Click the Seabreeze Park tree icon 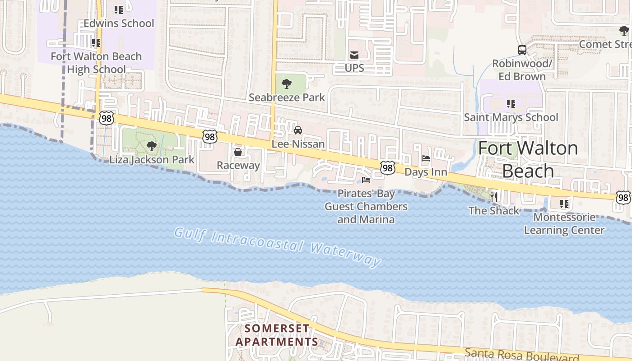click(286, 83)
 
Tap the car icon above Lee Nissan click(298, 130)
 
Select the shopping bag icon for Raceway click(238, 152)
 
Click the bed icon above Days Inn click(425, 158)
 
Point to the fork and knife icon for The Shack click(494, 197)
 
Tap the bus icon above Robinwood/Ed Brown click(522, 50)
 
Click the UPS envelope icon click(354, 55)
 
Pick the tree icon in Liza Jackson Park click(152, 146)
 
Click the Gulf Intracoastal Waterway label click(278, 247)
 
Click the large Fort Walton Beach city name click(528, 159)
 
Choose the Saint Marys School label click(511, 117)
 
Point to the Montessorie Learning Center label click(564, 224)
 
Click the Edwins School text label click(119, 23)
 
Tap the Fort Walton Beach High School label click(96, 63)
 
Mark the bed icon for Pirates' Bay click(366, 180)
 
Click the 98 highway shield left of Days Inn click(387, 168)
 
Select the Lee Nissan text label click(298, 144)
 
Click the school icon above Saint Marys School click(511, 104)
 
